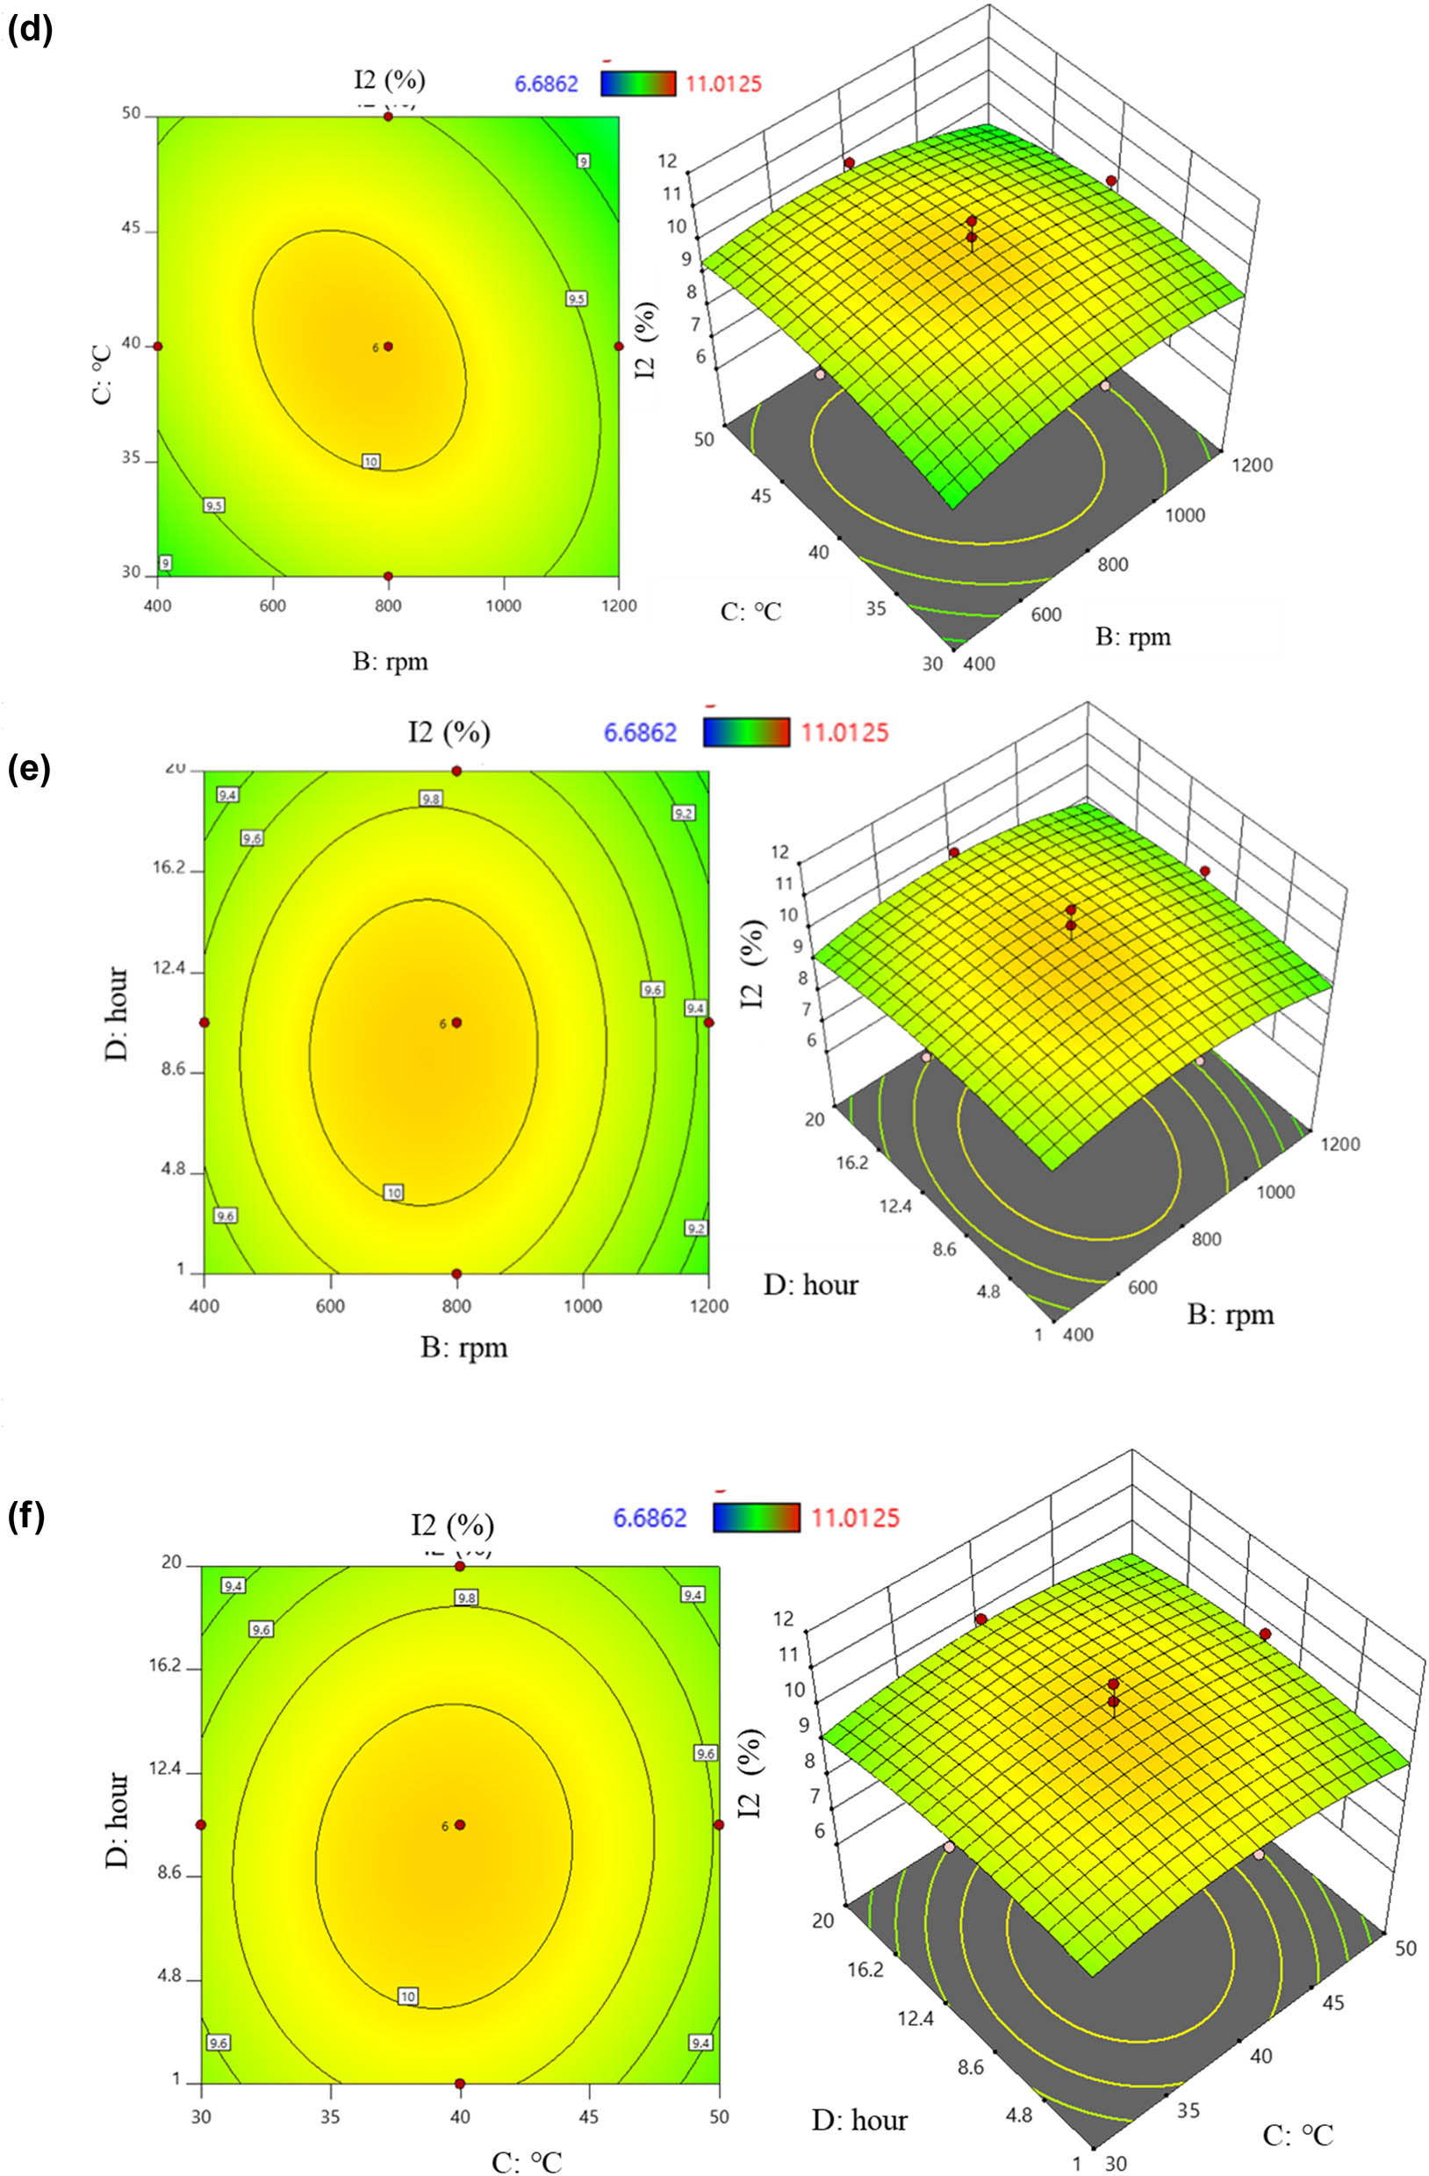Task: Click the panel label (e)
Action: (x=29, y=769)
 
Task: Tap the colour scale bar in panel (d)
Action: (x=637, y=84)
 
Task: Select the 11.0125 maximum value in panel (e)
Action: (x=844, y=732)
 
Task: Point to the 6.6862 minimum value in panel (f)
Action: (x=650, y=1518)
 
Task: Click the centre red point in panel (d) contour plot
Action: (x=389, y=347)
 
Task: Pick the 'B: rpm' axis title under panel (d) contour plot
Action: (x=391, y=660)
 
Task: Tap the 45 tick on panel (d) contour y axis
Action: (x=131, y=228)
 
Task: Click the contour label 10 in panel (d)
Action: (x=370, y=461)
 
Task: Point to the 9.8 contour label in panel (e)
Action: (x=431, y=799)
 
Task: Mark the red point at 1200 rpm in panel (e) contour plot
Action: (x=708, y=1023)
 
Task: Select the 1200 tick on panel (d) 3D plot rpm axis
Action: (x=1252, y=464)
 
